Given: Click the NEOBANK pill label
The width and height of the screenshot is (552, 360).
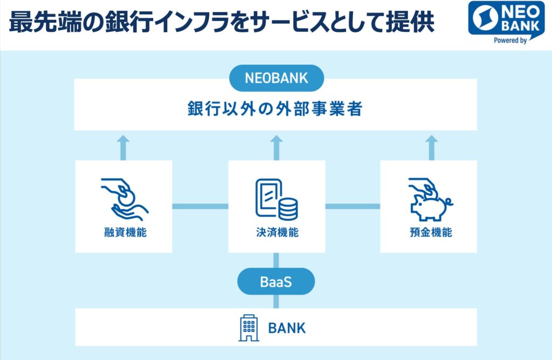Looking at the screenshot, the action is pos(277,78).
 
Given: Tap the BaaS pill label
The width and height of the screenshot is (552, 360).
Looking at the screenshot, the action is pos(276,281).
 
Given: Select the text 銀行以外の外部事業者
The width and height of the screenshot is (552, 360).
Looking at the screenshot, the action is pos(275,109).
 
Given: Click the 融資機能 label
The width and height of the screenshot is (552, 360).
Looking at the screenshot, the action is pos(125,232).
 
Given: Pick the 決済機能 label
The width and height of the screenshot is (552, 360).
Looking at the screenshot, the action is pos(278,232).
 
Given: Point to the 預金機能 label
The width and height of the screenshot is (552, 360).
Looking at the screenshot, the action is pos(431,232).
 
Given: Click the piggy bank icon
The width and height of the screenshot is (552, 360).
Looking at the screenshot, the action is pos(430,199).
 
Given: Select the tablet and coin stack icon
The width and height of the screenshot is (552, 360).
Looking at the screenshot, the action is pos(277,199).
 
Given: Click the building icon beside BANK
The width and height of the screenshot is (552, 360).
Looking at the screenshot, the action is pos(249,328).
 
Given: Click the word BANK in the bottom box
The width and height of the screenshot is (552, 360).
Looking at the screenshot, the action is pos(287,328).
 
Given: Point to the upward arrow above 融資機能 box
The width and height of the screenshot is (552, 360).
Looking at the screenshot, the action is pos(123,148).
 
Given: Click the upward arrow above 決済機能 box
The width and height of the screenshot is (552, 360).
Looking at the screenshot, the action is pos(277,148).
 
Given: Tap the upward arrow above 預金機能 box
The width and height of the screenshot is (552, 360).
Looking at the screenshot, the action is pos(431,148).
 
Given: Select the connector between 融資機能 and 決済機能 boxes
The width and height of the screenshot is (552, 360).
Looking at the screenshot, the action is pos(201,206).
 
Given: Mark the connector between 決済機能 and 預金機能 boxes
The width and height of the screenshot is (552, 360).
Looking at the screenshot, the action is pos(353,206).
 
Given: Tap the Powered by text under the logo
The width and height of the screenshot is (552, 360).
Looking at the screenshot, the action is pos(510,40).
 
